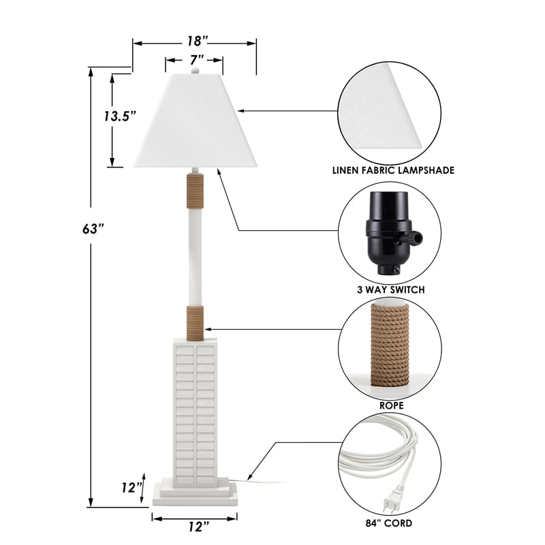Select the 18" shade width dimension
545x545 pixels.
point(194,42)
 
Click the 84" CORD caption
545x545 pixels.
point(389,523)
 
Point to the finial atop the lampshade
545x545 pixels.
point(195,69)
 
